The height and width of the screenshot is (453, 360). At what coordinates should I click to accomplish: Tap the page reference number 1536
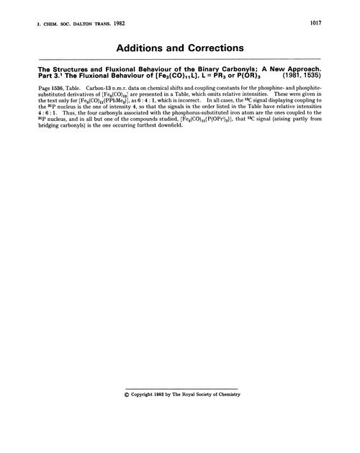(x=62, y=89)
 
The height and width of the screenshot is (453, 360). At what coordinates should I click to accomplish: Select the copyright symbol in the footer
(x=127, y=395)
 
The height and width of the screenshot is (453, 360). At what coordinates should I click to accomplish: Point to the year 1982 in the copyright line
(x=163, y=395)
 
